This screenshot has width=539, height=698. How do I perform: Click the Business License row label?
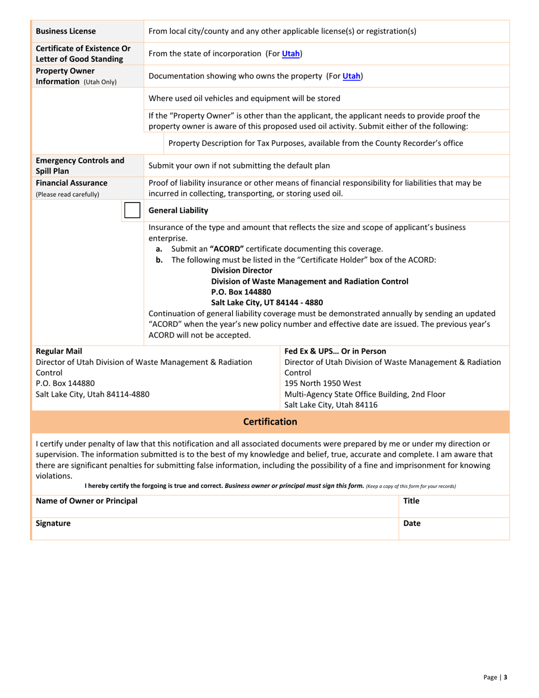tap(66, 31)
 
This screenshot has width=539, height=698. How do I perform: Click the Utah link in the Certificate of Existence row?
tap(291, 53)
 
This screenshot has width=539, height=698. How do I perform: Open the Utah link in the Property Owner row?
tap(352, 75)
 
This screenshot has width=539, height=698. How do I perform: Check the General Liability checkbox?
tap(132, 210)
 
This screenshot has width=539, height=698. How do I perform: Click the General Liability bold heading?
tap(178, 211)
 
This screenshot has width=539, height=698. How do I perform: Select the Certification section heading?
tap(270, 422)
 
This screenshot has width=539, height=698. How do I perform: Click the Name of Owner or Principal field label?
tap(86, 501)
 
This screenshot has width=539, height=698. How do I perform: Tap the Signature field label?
tap(53, 523)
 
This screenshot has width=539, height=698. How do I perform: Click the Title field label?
tap(411, 501)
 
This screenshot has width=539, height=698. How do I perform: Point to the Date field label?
tap(412, 523)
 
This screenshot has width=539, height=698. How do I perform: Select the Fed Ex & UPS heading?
tap(335, 351)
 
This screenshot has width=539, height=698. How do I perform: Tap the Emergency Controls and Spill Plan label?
tap(80, 165)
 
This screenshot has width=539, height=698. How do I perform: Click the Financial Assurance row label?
tap(71, 183)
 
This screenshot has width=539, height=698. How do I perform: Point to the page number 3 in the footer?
tap(505, 677)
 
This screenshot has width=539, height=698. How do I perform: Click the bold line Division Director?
tap(242, 271)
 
